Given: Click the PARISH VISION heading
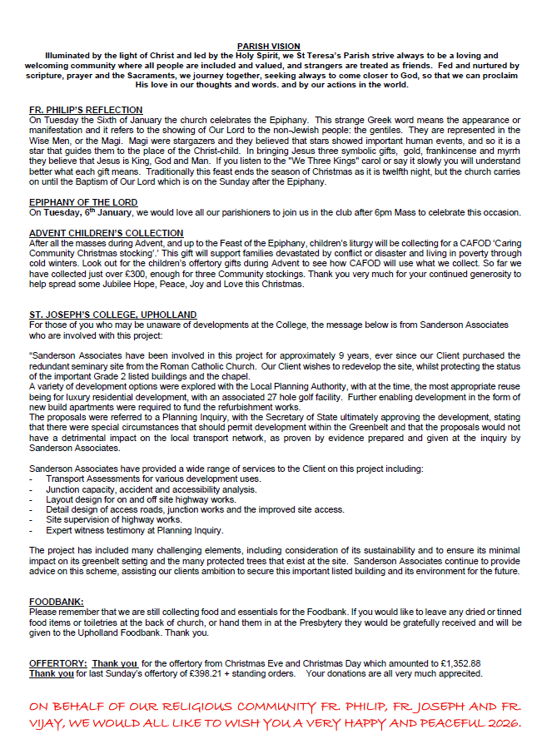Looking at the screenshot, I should click(268, 47).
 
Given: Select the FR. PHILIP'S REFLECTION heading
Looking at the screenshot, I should click(85, 110).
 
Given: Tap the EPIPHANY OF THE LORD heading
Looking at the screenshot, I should click(82, 202).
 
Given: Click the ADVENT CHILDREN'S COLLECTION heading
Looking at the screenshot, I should click(106, 233).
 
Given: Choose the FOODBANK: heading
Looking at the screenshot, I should click(56, 602).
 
